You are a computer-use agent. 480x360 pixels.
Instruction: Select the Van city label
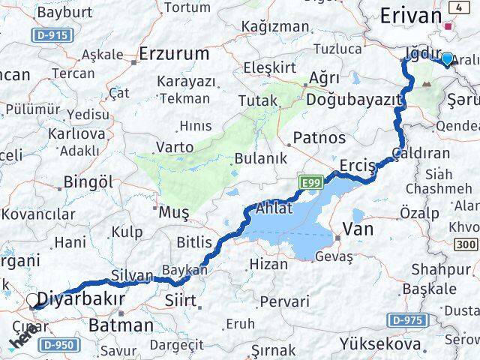[357, 229]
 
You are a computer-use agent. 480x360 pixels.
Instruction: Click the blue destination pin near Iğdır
[448, 58]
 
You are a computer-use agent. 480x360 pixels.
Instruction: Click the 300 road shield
[466, 244]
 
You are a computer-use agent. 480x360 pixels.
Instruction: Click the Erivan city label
[411, 15]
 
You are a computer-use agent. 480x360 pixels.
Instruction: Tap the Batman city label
[121, 326]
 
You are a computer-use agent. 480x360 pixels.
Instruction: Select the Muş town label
[173, 214]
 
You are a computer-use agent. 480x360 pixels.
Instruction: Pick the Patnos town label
[319, 138]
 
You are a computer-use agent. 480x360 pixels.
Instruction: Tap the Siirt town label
[180, 301]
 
